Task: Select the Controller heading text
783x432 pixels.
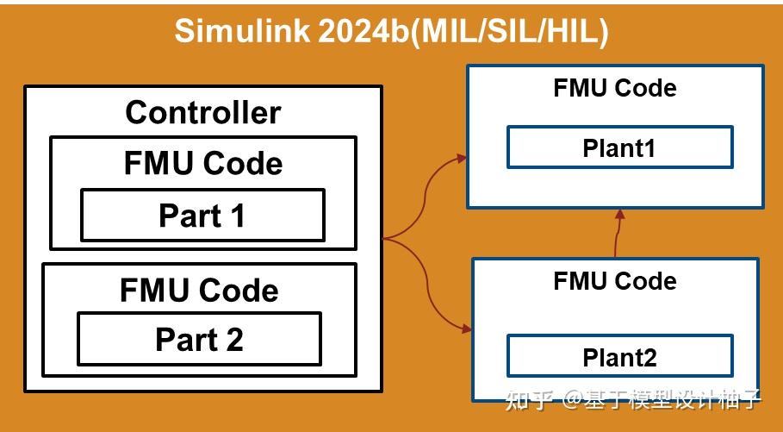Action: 203,112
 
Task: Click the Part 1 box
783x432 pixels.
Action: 202,216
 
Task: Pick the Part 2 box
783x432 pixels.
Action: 199,340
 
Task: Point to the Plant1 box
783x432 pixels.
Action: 619,147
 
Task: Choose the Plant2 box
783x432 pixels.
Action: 619,356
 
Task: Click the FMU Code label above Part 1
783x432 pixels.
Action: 203,164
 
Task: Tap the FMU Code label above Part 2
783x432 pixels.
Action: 199,290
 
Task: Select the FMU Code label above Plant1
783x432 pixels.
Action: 615,88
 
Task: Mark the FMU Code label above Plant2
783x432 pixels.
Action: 615,281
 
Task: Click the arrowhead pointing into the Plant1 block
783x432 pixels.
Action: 463,158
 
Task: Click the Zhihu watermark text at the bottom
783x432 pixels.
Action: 632,400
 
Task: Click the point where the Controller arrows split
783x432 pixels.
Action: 385,238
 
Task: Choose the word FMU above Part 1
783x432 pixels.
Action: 157,164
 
